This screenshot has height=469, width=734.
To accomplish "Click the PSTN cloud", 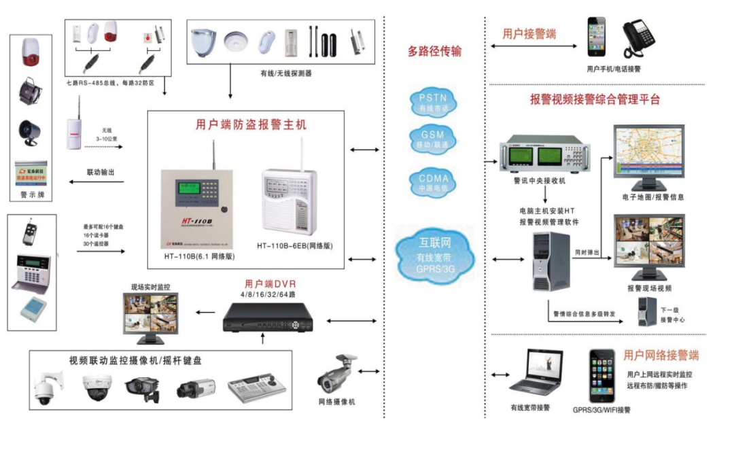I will click(434, 103).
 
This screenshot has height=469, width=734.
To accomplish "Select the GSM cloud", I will click(434, 139).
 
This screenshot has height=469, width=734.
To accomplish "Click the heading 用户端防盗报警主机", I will click(251, 125).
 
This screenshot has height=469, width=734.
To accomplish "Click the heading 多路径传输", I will click(435, 51).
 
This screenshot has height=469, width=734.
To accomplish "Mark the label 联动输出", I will click(101, 173).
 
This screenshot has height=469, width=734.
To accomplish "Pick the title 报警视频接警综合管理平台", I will click(595, 99).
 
